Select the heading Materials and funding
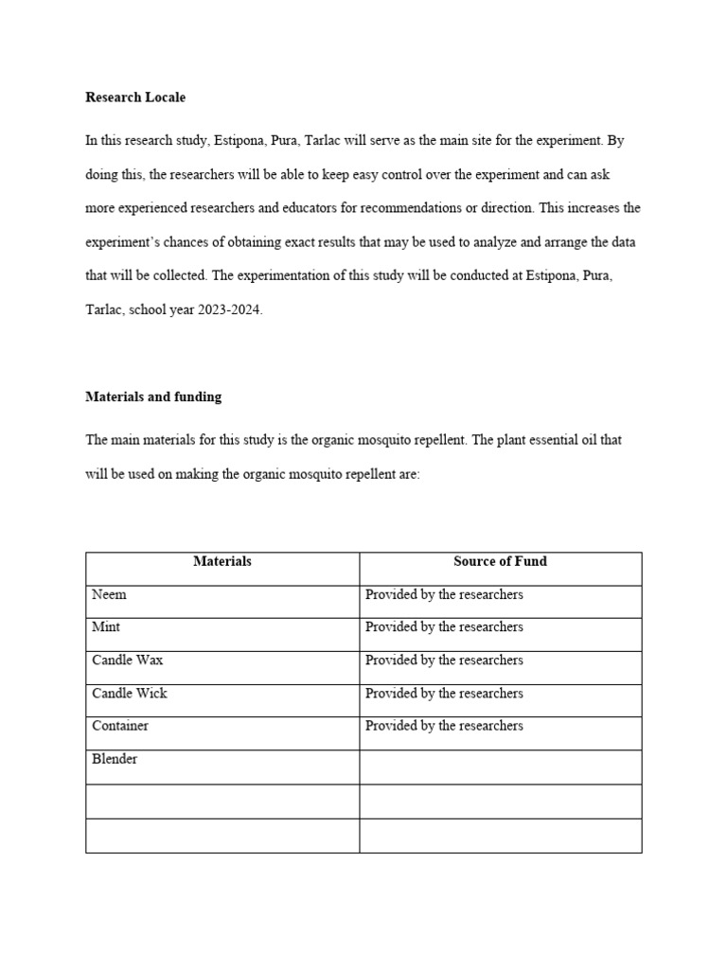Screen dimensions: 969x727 tap(153, 396)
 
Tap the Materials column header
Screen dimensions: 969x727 tap(222, 561)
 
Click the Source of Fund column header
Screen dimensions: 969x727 tap(500, 561)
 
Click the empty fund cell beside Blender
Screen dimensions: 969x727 tap(500, 767)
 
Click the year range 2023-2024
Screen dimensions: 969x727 tap(226, 309)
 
